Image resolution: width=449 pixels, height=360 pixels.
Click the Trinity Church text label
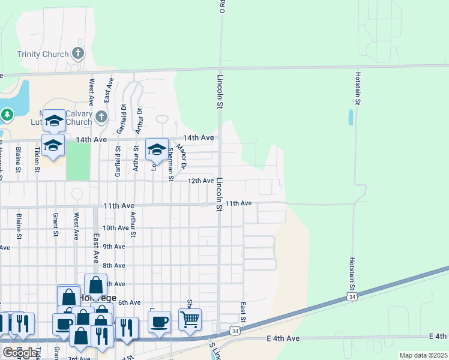[43, 55]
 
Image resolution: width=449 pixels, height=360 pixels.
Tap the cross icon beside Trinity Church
[77, 54]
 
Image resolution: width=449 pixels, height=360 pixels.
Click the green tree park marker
[7, 114]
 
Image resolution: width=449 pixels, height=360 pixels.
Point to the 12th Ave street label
[200, 181]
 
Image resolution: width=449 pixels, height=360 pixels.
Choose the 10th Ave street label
[116, 228]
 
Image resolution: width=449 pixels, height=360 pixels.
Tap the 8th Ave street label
[114, 265]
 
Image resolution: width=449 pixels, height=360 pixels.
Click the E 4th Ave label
[283, 339]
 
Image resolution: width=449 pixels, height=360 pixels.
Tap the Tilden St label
[37, 159]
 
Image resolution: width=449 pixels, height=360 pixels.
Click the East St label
[243, 311]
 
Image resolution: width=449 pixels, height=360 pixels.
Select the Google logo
[20, 352]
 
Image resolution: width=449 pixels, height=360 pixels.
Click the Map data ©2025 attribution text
[423, 355]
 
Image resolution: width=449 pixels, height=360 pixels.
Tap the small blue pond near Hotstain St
[351, 117]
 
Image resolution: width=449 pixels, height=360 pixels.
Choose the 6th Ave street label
[129, 303]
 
